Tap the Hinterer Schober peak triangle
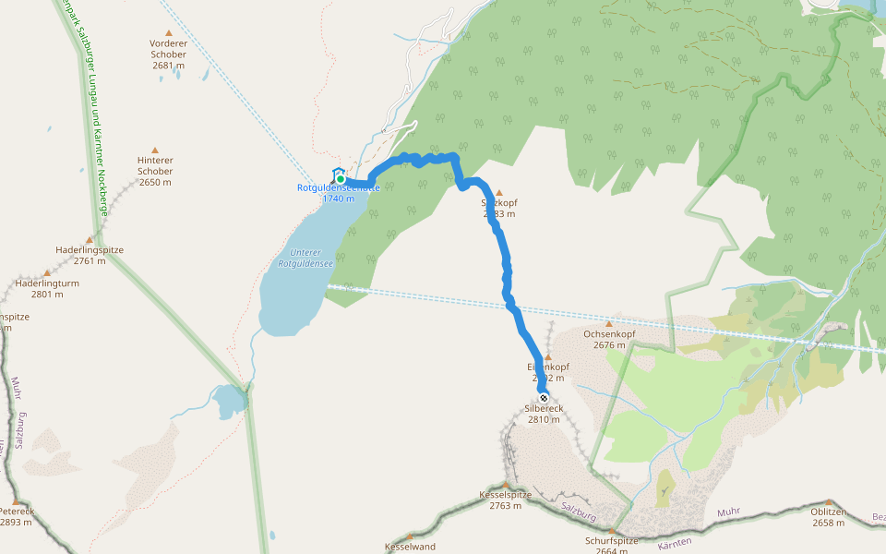tap(155, 151)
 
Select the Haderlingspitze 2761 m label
tap(90, 255)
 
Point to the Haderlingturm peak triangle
tap(47, 273)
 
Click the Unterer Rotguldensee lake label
tap(305, 258)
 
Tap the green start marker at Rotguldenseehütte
tap(340, 178)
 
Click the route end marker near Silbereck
tap(544, 398)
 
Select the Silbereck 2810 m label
tap(544, 414)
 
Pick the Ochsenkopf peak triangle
tap(609, 324)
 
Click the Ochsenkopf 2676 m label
tap(609, 339)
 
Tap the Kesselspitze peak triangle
tap(506, 484)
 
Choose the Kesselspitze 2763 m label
tap(506, 500)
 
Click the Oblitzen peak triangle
tap(829, 502)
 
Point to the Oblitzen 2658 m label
tap(829, 517)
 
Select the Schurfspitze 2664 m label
tap(613, 546)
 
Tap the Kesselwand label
tap(410, 547)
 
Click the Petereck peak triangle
tap(16, 502)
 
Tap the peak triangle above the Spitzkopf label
tap(499, 193)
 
